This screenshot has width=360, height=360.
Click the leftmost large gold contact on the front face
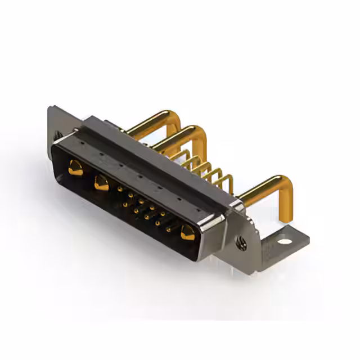pos(74,166)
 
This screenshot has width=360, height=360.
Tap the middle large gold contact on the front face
pos(101,182)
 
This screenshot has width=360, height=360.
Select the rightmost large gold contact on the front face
pos(187,231)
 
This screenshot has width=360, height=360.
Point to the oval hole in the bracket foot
pos(285,242)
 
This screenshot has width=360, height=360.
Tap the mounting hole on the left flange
pos(57,135)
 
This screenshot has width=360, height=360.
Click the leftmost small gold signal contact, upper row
pos(120,190)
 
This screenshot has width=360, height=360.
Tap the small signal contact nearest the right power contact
pos(168,229)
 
